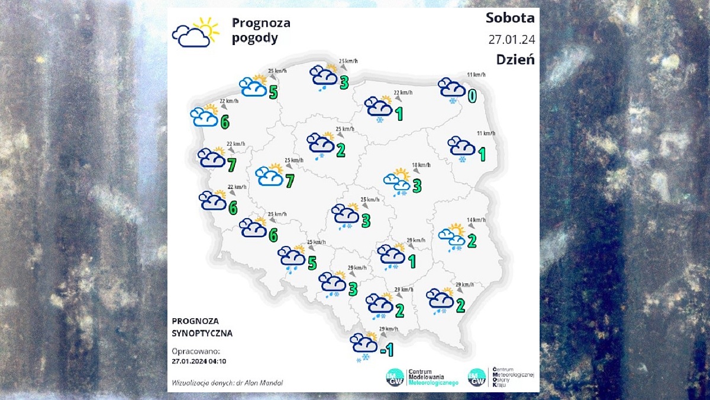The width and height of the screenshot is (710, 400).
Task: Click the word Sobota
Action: point(509,18)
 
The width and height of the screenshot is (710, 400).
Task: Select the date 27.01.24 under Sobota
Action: point(511,40)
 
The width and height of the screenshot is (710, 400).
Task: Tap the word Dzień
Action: point(515,60)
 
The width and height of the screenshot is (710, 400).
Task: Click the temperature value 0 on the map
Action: point(472,95)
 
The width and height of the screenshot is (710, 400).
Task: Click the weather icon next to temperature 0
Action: point(451,89)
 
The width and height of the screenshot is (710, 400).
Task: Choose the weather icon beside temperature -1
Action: point(363,345)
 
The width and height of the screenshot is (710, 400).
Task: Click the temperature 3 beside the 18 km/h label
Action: point(417,186)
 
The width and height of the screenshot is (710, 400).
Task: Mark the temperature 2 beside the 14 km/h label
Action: point(472,241)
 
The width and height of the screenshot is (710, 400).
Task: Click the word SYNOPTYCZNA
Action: point(202,334)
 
